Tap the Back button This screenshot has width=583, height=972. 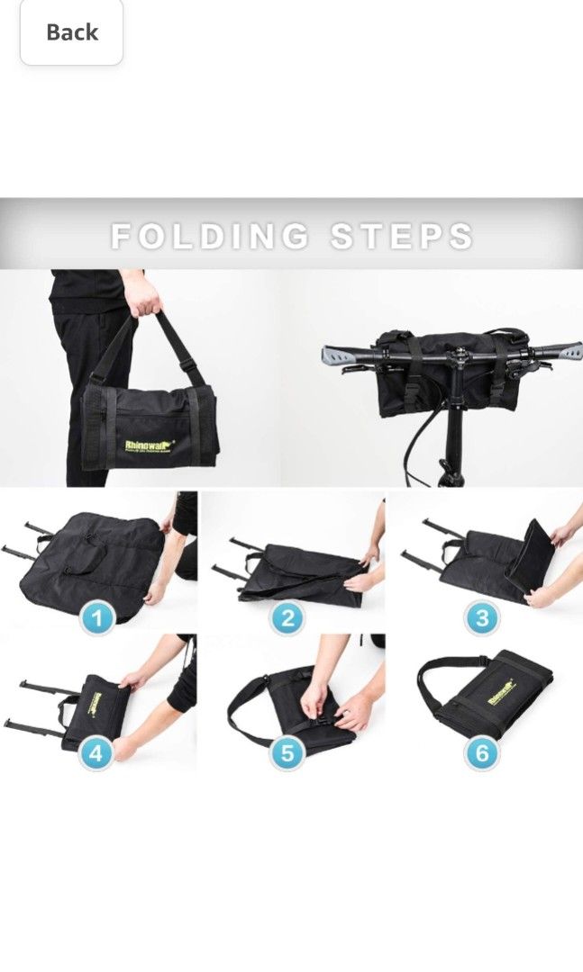(x=71, y=32)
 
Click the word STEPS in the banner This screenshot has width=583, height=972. (x=402, y=237)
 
